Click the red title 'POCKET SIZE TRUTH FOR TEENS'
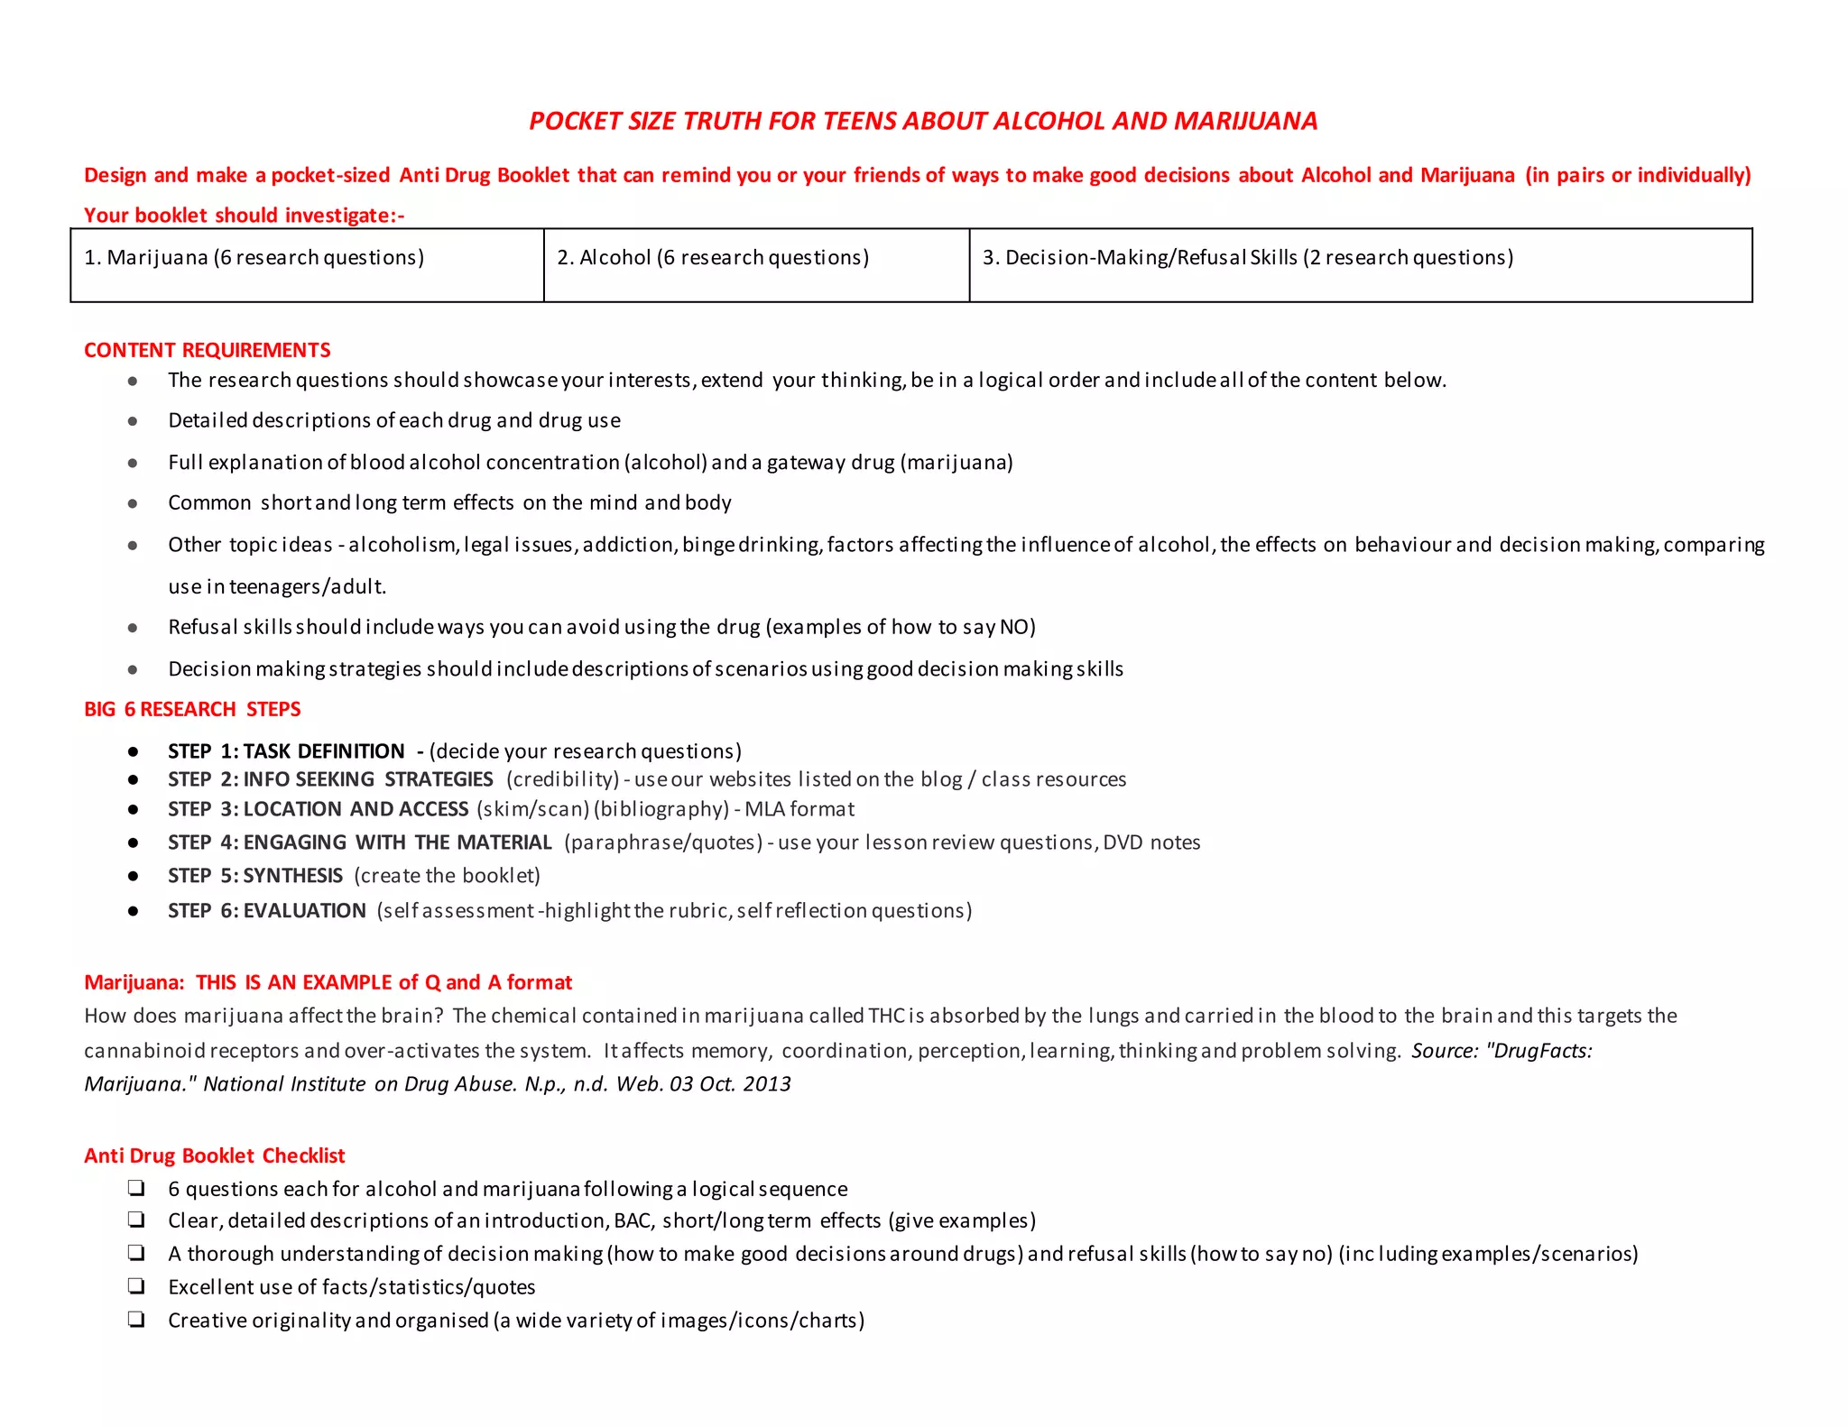[923, 121]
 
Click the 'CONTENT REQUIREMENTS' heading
[207, 350]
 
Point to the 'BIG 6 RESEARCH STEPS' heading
[192, 709]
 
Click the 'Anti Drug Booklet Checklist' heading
[214, 1155]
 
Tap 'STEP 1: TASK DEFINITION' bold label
[286, 751]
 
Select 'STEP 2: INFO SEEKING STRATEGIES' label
[330, 779]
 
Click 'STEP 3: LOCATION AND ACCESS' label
[318, 809]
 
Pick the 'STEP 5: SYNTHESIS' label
[255, 876]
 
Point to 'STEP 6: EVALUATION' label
[267, 911]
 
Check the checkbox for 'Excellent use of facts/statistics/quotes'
[136, 1286]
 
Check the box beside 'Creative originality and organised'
[136, 1320]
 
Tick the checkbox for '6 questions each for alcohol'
[136, 1188]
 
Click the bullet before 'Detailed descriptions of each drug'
[133, 421]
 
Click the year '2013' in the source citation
[767, 1084]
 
